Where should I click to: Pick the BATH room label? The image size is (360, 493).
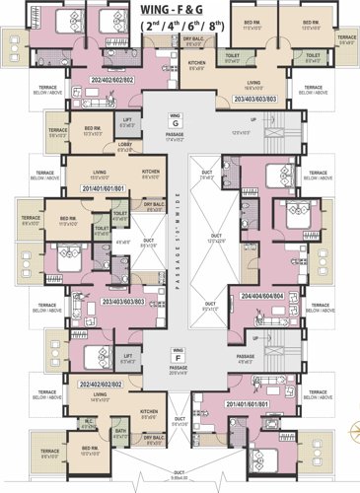tap(120, 431)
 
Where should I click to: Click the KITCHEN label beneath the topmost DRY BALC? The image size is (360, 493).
tap(196, 66)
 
